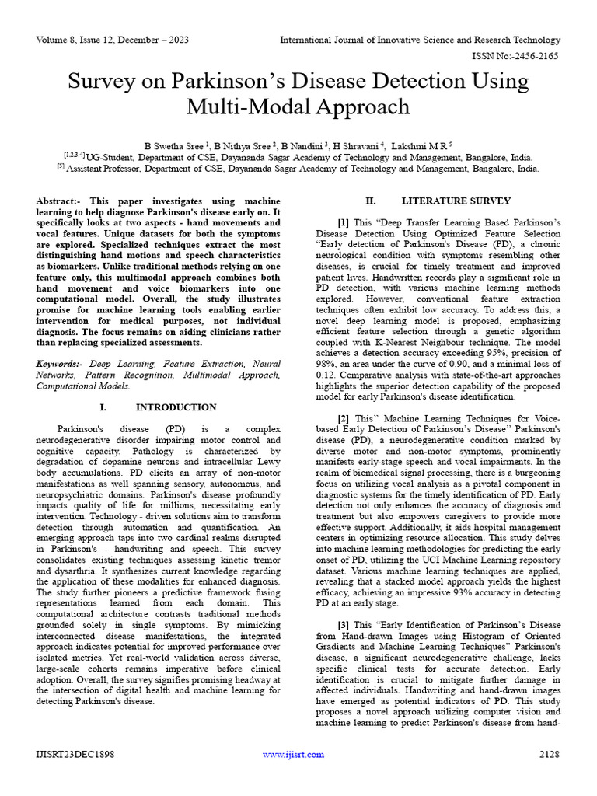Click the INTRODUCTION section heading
[176, 407]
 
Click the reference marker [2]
[343, 418]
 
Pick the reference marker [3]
[343, 626]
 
